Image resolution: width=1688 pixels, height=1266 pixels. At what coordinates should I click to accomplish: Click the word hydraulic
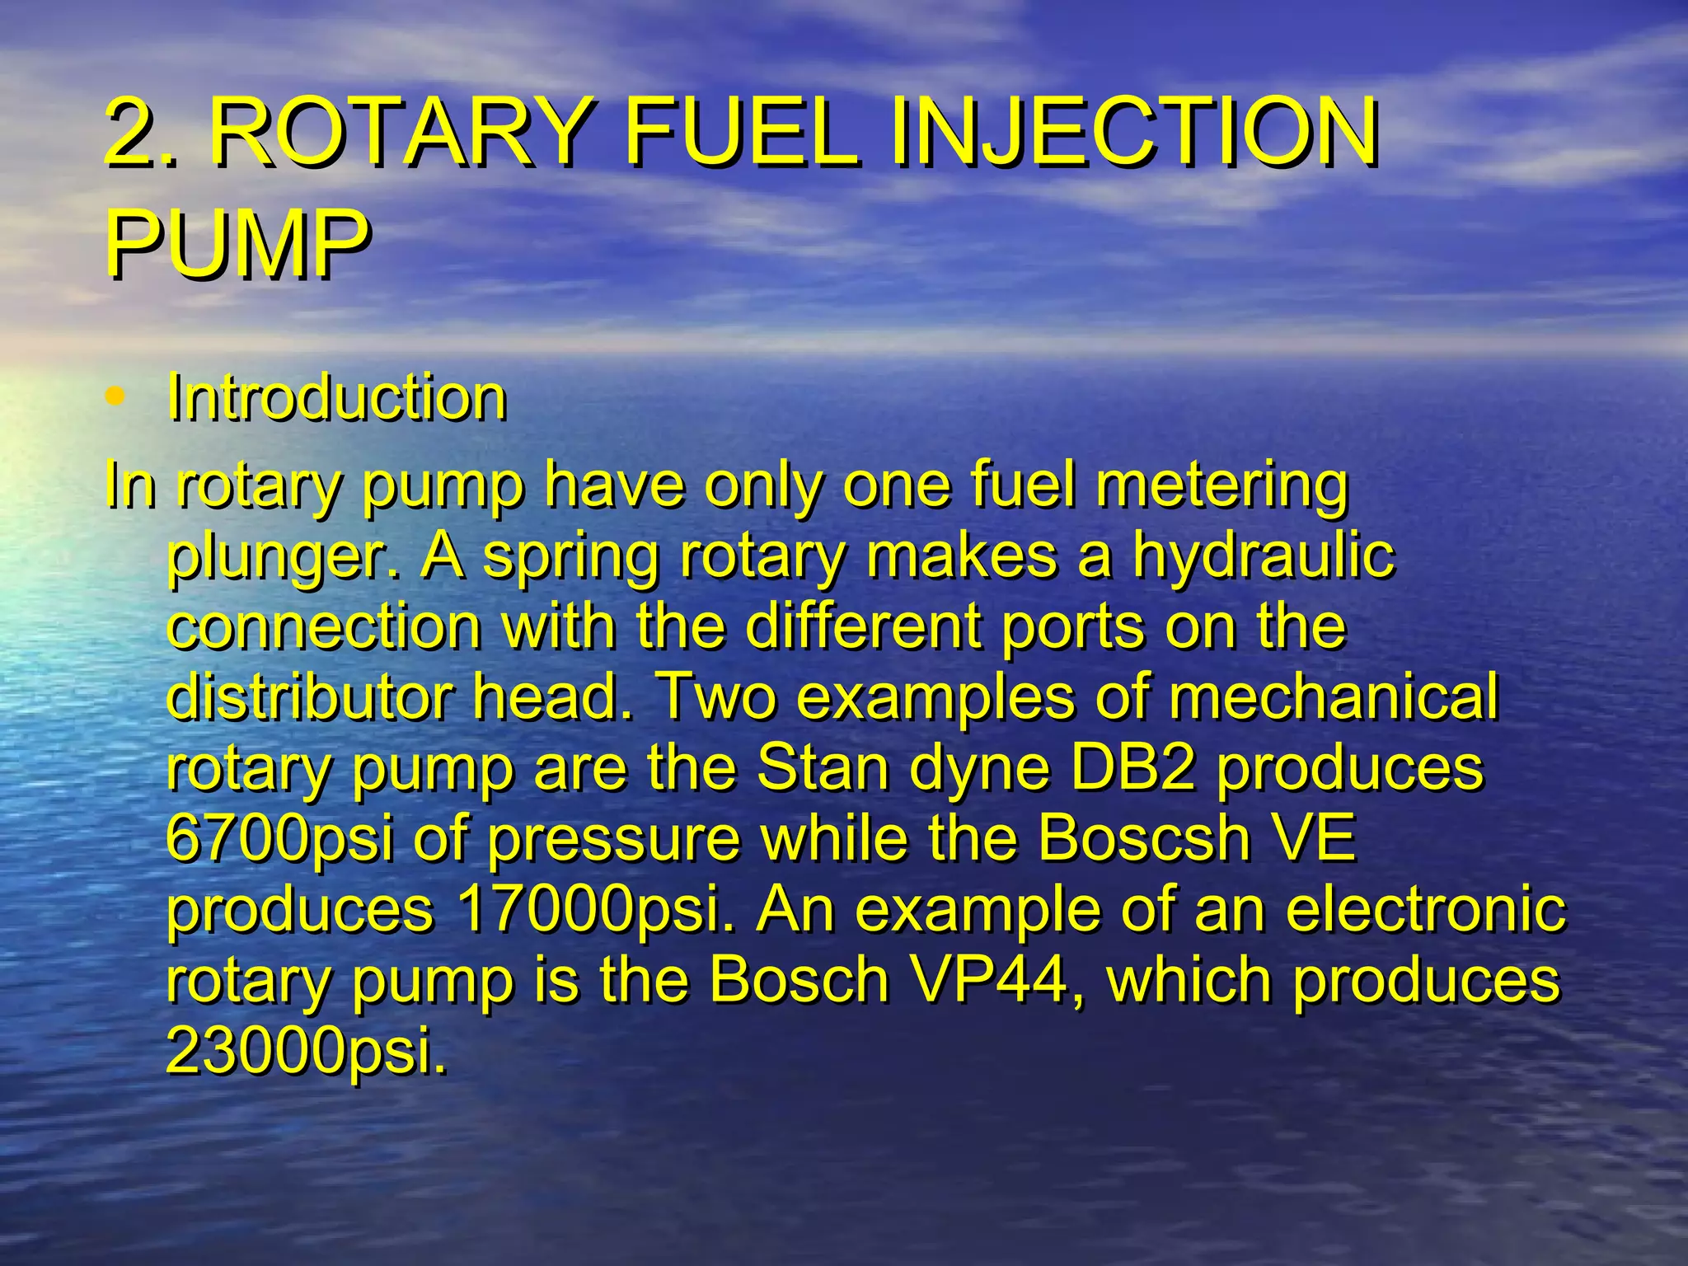click(1263, 556)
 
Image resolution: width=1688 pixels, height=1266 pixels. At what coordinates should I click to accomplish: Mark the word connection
click(323, 626)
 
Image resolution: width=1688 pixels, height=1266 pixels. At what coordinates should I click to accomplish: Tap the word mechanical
click(1333, 697)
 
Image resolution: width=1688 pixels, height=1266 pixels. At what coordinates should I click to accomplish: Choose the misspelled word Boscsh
click(1143, 839)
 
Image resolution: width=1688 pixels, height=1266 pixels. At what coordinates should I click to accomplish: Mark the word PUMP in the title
click(237, 244)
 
